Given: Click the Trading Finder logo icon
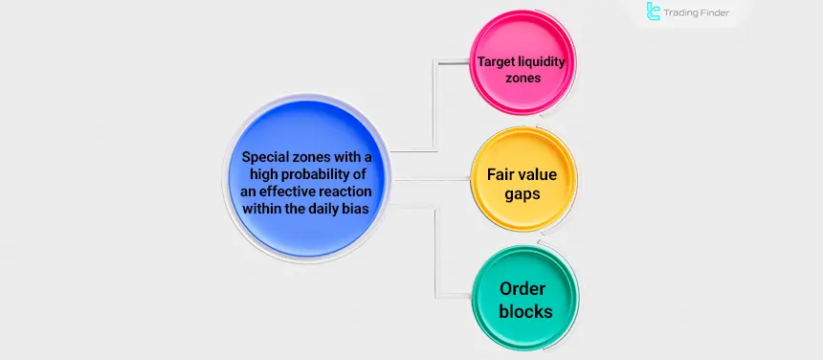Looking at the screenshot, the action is [655, 12].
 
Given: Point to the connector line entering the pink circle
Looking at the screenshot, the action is [455, 60].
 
